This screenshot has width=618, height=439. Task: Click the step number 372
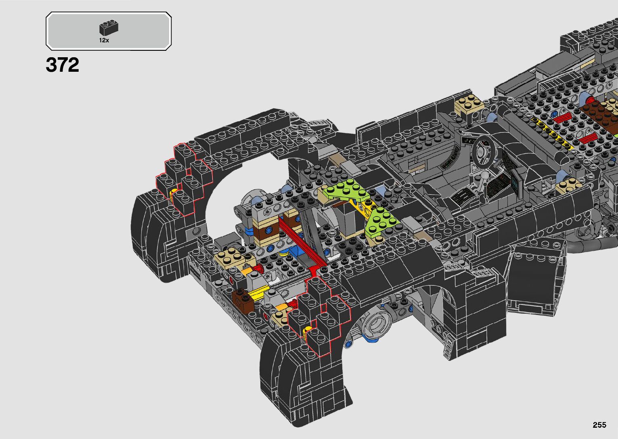(x=62, y=65)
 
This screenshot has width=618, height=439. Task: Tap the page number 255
(x=599, y=424)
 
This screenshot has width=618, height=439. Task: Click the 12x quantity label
(x=104, y=40)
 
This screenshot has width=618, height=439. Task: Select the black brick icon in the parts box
(x=109, y=27)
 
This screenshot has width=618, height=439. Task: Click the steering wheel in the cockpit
(x=484, y=151)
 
